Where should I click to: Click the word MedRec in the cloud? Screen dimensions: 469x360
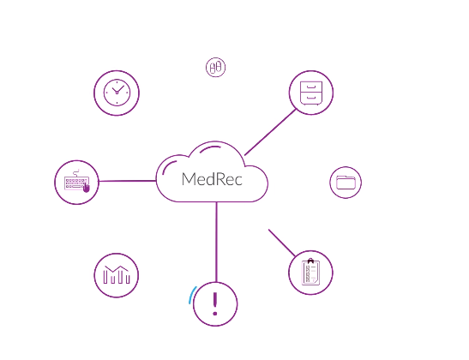[x=212, y=179]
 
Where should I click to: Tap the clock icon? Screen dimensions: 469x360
[x=117, y=93]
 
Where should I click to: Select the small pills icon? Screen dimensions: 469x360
[x=216, y=67]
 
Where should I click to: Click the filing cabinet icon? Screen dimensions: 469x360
[x=311, y=93]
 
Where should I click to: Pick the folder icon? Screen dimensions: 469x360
[x=346, y=182]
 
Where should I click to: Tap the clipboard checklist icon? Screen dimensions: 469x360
[x=310, y=272]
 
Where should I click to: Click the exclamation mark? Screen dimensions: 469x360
[x=215, y=303]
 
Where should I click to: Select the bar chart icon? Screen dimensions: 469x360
[x=117, y=274]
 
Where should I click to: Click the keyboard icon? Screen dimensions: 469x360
[x=77, y=181]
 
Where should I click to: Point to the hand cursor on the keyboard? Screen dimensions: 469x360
[x=86, y=188]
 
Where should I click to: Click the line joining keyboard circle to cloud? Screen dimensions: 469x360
[x=128, y=181]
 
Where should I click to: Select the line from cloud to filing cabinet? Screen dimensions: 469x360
[x=270, y=132]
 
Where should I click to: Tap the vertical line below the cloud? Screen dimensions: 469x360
[x=216, y=242]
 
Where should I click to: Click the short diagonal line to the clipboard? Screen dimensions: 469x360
[x=282, y=243]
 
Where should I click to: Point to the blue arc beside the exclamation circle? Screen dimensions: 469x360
[x=192, y=295]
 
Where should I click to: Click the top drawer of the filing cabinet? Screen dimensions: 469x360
[x=311, y=87]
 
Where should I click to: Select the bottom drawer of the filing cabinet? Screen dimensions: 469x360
[x=311, y=98]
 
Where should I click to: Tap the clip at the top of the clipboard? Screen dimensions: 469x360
[x=310, y=261]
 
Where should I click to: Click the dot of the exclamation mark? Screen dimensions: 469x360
[x=215, y=314]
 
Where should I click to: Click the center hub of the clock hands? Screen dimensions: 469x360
[x=117, y=93]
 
